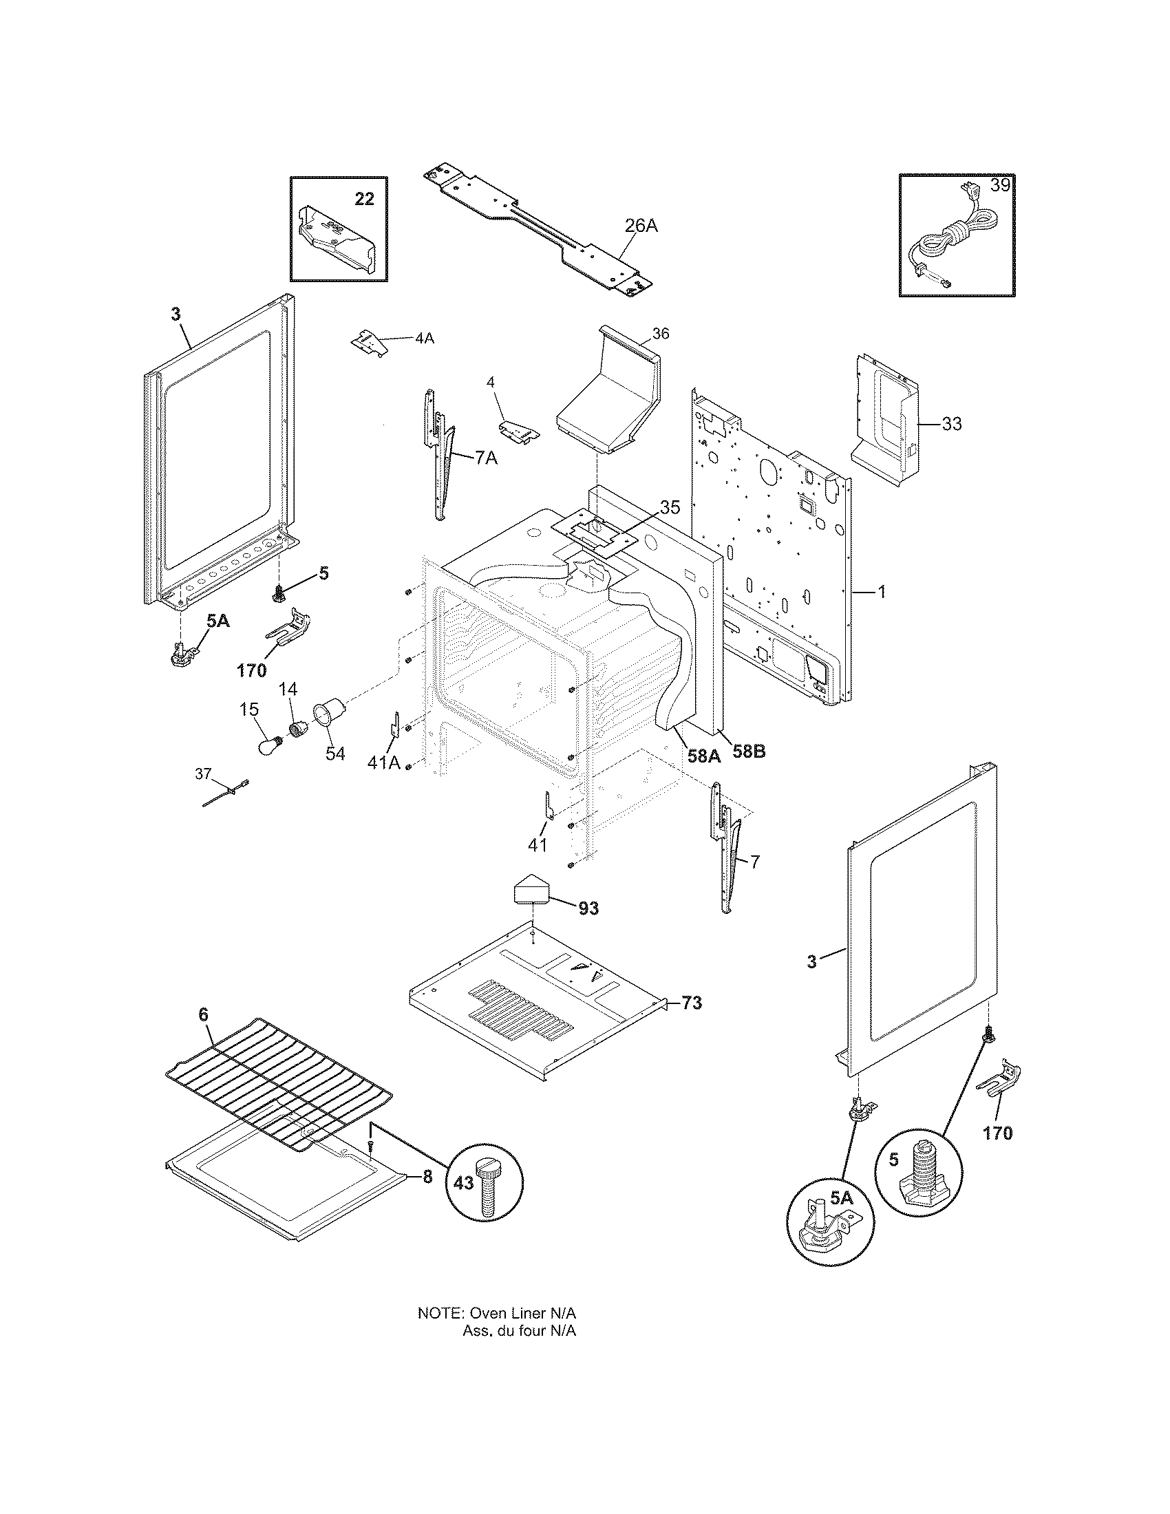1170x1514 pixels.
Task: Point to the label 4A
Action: click(x=424, y=339)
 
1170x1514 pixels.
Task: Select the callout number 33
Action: click(x=952, y=423)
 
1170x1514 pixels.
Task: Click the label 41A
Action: click(x=384, y=762)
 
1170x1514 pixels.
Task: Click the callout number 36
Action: click(x=661, y=334)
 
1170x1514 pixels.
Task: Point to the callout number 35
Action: click(x=670, y=507)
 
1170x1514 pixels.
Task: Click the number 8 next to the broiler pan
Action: click(x=427, y=1177)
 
